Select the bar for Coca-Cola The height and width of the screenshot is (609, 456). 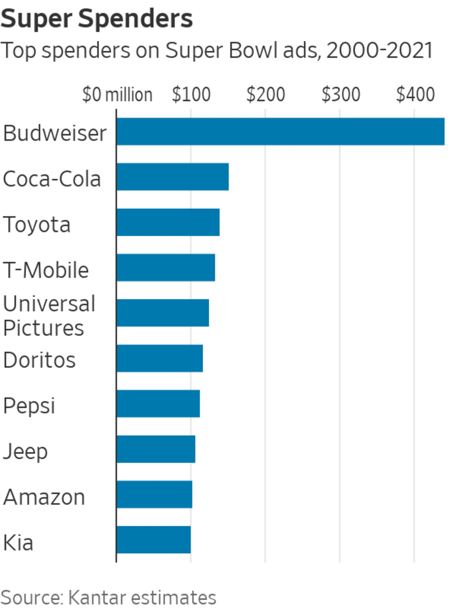[x=173, y=177]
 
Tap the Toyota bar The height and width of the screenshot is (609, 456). [x=168, y=222]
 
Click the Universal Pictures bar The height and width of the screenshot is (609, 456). [x=163, y=313]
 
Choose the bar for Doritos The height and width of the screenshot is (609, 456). [x=160, y=358]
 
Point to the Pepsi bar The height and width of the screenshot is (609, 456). [x=158, y=404]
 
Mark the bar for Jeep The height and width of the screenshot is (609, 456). [x=156, y=449]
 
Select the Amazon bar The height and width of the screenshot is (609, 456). [x=154, y=494]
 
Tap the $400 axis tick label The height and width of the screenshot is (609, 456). [x=415, y=94]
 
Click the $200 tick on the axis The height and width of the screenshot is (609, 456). [x=266, y=94]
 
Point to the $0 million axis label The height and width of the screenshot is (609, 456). [x=117, y=94]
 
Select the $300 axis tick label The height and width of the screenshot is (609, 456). [x=341, y=94]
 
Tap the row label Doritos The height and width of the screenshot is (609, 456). [x=39, y=360]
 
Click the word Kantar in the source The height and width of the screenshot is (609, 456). [x=97, y=597]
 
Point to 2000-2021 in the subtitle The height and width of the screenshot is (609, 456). [x=379, y=50]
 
